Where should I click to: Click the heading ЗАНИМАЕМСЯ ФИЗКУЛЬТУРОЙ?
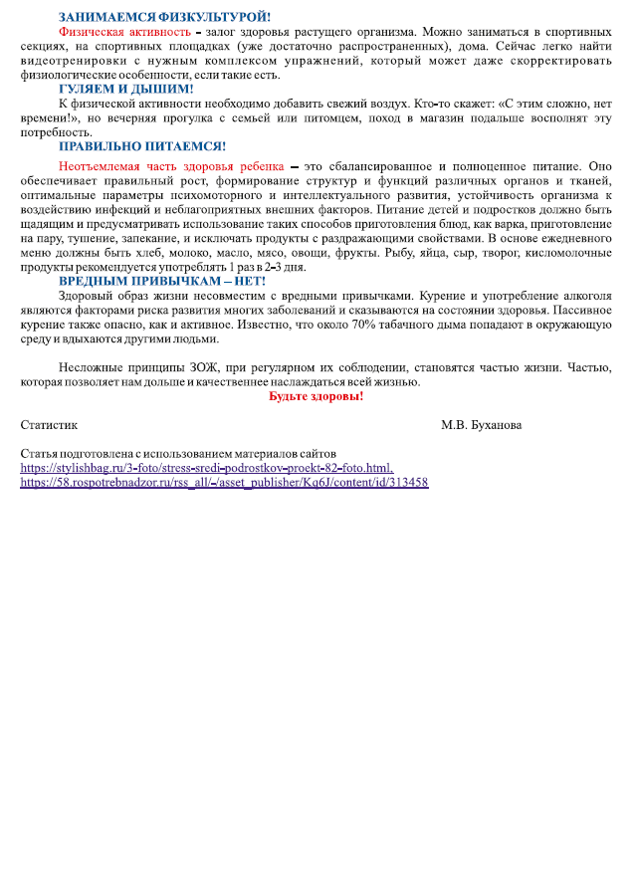(165, 17)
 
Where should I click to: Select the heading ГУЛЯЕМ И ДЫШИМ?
(126, 89)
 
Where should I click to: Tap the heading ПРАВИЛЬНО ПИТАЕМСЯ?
(142, 146)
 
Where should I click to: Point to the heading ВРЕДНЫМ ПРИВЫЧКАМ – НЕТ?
(162, 281)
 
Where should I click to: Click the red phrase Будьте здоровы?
(316, 396)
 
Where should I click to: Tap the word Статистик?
(49, 425)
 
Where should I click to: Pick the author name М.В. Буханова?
(481, 425)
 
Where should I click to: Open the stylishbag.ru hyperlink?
(207, 467)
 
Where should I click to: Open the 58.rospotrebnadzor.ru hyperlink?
(224, 482)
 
